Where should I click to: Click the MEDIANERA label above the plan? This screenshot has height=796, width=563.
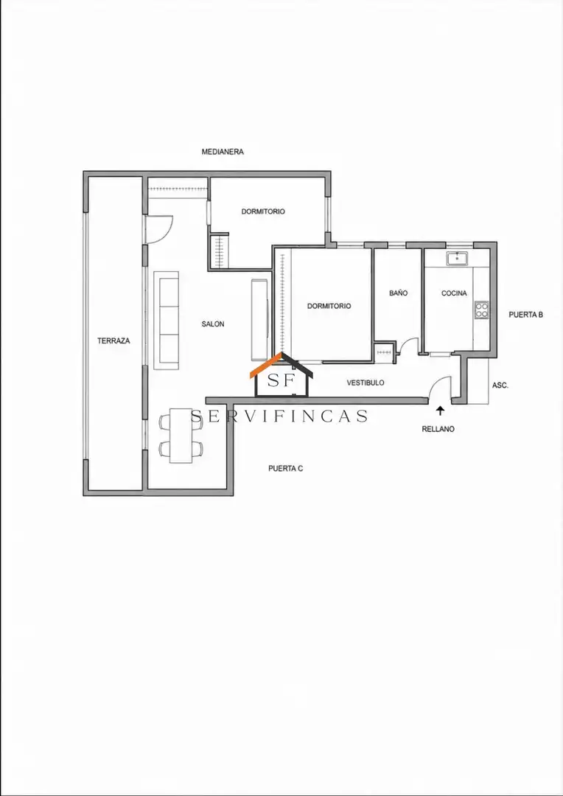[223, 151]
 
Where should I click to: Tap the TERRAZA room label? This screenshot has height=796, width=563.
[113, 341]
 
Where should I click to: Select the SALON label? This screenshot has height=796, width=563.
[213, 324]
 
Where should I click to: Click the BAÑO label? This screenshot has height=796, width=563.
[399, 293]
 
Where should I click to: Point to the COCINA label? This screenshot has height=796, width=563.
[454, 293]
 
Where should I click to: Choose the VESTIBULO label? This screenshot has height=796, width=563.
[366, 383]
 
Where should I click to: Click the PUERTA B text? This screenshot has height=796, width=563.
[526, 315]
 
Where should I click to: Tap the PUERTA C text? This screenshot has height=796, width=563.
[286, 469]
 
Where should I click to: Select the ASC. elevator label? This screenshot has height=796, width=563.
[500, 385]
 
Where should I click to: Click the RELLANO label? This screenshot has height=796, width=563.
[438, 429]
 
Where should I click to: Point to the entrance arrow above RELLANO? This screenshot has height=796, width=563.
[440, 411]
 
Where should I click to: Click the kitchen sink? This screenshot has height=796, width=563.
[460, 259]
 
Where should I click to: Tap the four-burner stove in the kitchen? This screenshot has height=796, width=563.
[482, 310]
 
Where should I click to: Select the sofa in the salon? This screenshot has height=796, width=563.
[167, 321]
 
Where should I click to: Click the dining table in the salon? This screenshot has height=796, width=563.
[181, 435]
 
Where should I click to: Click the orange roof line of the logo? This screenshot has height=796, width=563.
[267, 366]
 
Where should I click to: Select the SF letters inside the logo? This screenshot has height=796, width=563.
[281, 381]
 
